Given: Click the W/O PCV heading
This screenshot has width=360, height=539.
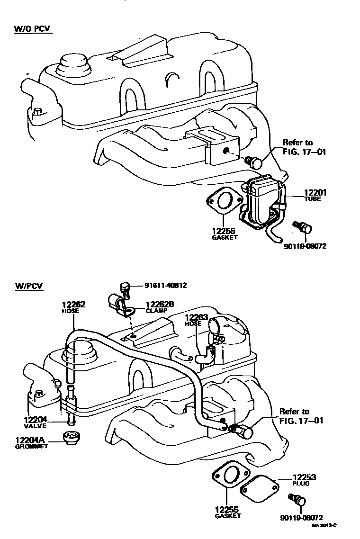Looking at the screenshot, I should tap(32, 30).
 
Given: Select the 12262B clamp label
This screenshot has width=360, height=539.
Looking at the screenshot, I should tap(160, 305).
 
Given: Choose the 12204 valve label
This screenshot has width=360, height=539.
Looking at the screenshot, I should tap(35, 419).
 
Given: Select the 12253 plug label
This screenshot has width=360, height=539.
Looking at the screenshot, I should tap(304, 477).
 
